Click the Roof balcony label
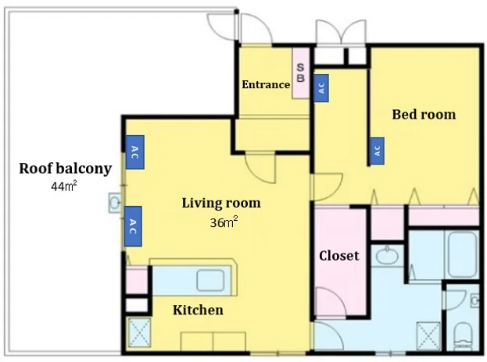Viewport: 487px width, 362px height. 65,169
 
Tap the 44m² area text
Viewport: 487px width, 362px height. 63,186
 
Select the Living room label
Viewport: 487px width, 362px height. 221,204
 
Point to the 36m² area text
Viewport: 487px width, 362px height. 224,222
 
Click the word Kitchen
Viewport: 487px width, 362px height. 198,310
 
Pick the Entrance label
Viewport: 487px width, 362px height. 266,84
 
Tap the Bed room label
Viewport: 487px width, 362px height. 424,115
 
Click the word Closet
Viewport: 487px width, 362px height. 338,256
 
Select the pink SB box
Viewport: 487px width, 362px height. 301,73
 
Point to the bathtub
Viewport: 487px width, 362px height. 462,255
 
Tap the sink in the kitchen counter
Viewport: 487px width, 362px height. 210,280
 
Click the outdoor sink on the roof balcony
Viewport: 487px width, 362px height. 115,203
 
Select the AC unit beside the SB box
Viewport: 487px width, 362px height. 321,88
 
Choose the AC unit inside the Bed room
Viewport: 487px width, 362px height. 377,151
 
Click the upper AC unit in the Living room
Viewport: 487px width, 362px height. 134,152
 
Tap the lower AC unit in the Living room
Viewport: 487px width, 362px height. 133,226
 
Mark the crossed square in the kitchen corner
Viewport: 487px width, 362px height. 139,332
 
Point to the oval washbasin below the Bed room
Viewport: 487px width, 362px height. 387,256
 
